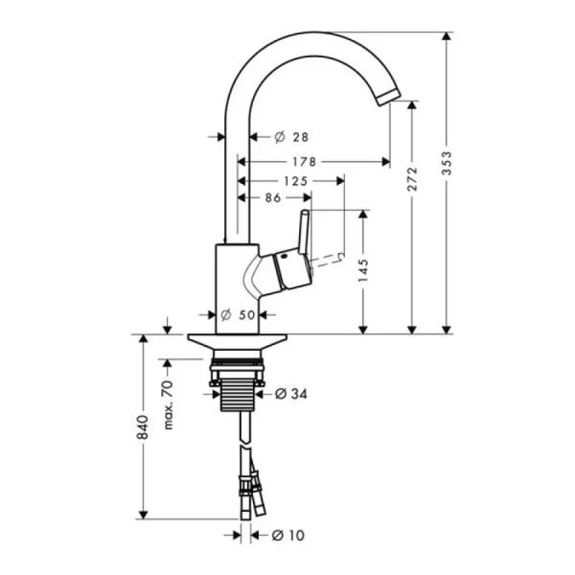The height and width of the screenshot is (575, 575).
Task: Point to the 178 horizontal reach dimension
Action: (x=304, y=161)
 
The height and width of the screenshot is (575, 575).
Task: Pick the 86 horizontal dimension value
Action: (x=274, y=198)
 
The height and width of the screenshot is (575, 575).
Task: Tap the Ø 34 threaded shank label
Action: (x=287, y=394)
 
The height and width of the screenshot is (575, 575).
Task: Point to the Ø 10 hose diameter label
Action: (x=283, y=536)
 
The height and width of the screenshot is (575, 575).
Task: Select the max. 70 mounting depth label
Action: (x=168, y=404)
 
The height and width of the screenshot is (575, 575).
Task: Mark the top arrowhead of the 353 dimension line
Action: (x=448, y=36)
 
